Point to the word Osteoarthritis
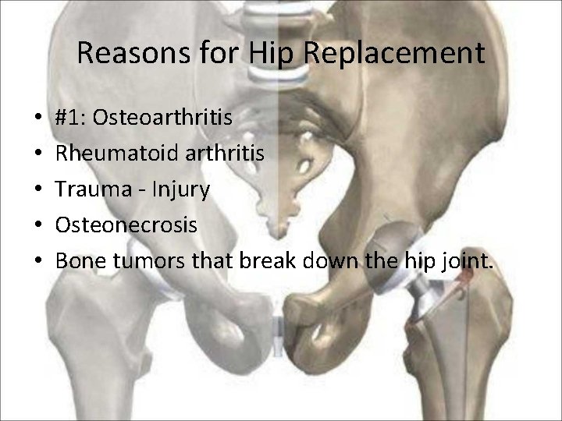pos(162,118)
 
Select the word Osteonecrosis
pos(126,225)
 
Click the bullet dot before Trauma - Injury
pos(38,190)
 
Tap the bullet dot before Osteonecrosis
pos(38,226)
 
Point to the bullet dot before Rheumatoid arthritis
pos(38,154)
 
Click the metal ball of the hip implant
pos(397,239)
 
